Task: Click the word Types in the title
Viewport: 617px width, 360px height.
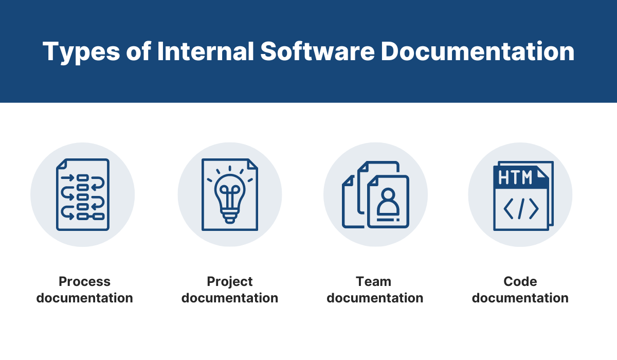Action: point(81,52)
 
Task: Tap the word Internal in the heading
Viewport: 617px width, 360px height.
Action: point(206,51)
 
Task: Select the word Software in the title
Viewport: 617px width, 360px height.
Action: point(317,51)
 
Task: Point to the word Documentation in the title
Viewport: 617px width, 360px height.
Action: point(478,51)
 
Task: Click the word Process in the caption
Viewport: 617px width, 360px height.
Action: point(84,281)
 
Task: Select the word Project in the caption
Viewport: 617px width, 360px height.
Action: point(230,282)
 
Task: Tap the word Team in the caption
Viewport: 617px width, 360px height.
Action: point(373,281)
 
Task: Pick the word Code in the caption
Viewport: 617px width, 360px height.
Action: point(520,281)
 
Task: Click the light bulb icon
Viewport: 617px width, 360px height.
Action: point(230,195)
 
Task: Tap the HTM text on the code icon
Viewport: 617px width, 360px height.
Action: point(515,177)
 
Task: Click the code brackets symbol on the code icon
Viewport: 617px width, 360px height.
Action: point(521,209)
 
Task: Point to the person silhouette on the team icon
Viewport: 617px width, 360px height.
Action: point(388,202)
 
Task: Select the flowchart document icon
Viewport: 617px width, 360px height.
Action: point(83,194)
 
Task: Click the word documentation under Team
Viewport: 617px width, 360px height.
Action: point(375,298)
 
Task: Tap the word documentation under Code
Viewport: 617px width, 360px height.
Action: point(520,298)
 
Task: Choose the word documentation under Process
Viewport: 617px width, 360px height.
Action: point(84,298)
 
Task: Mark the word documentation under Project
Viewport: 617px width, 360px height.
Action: point(230,298)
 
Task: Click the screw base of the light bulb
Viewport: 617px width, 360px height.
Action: point(230,217)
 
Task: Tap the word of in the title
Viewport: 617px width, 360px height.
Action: point(138,51)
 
